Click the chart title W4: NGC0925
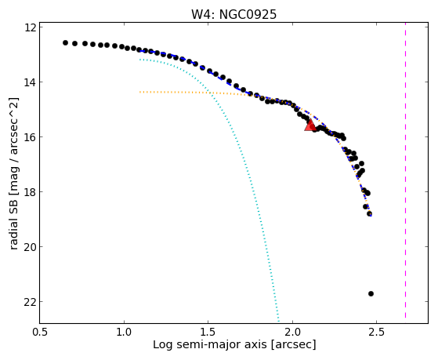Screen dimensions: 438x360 point(233,15)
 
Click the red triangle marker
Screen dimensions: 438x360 point(310,125)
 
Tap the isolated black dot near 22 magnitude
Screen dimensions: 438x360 point(371,293)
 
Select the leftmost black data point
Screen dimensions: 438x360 point(65,43)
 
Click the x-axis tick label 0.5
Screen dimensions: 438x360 point(40,332)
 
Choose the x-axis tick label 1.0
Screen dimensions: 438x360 point(124,332)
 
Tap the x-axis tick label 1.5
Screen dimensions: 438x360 point(208,332)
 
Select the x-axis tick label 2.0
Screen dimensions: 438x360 point(292,332)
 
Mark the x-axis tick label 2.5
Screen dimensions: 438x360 point(377,332)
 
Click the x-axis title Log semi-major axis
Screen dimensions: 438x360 point(210,345)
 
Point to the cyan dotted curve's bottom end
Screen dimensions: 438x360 point(278,321)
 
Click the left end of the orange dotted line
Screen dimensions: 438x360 point(140,92)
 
